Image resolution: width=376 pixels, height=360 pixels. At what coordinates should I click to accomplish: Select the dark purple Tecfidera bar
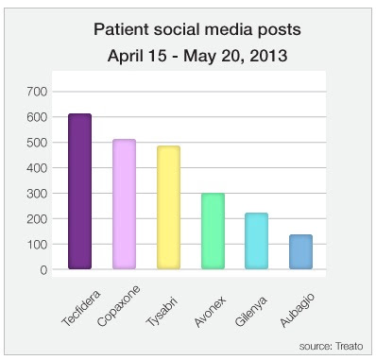pyautogui.click(x=80, y=191)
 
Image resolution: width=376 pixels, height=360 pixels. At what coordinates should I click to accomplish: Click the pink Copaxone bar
pyautogui.click(x=124, y=204)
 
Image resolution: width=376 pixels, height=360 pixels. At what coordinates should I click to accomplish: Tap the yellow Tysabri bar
pyautogui.click(x=168, y=207)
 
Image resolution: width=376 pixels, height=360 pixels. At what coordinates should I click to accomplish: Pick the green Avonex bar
pyautogui.click(x=213, y=231)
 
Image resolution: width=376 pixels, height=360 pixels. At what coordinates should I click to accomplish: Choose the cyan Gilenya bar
pyautogui.click(x=257, y=241)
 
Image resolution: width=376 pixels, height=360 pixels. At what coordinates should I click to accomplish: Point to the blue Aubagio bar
pyautogui.click(x=300, y=251)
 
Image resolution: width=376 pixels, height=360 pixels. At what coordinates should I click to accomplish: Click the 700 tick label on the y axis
pyautogui.click(x=37, y=92)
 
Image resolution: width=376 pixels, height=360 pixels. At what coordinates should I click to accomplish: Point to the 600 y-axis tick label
pyautogui.click(x=37, y=117)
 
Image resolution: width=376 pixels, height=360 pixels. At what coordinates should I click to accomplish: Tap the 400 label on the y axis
pyautogui.click(x=37, y=168)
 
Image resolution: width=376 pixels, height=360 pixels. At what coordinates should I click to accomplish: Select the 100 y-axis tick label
pyautogui.click(x=37, y=245)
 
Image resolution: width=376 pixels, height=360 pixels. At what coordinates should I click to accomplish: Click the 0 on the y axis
pyautogui.click(x=43, y=270)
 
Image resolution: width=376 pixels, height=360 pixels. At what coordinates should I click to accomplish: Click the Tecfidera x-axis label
pyautogui.click(x=81, y=307)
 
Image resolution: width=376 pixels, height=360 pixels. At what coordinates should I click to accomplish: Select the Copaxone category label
pyautogui.click(x=119, y=306)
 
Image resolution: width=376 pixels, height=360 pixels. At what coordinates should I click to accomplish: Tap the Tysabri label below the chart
pyautogui.click(x=162, y=311)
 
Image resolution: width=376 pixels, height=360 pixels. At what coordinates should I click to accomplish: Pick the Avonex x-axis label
pyautogui.click(x=210, y=312)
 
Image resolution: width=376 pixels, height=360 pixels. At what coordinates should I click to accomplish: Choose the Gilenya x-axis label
pyautogui.click(x=251, y=311)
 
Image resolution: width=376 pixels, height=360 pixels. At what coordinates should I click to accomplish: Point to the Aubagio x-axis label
pyautogui.click(x=298, y=310)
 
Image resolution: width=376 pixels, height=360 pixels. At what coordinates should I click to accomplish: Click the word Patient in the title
pyautogui.click(x=121, y=29)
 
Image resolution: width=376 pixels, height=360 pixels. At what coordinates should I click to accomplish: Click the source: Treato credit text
pyautogui.click(x=331, y=347)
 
